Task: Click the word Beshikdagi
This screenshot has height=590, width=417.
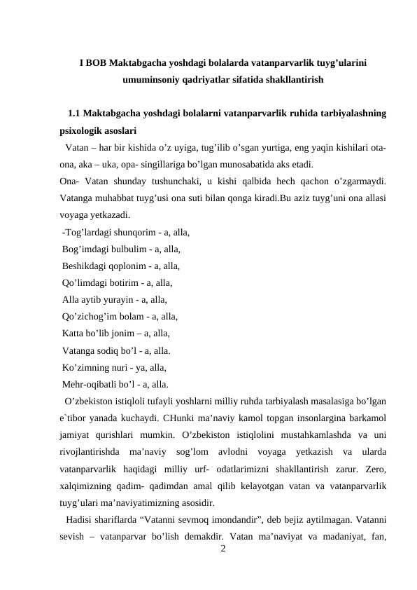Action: [x=84, y=266]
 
